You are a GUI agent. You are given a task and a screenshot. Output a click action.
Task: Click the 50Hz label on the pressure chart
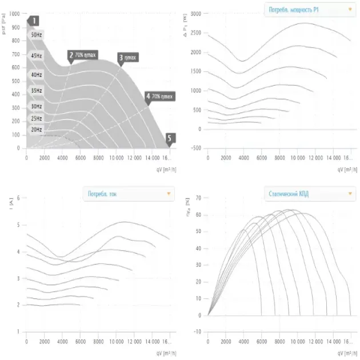[x=36, y=35]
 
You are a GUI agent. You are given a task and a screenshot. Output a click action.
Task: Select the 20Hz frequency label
[x=36, y=130]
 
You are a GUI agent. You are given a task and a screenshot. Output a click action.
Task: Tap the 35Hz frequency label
[x=36, y=90]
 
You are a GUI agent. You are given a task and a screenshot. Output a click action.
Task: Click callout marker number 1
[x=34, y=21]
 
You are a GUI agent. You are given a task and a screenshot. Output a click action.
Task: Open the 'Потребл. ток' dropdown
[x=129, y=194]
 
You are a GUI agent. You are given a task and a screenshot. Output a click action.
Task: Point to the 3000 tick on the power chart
[x=195, y=13]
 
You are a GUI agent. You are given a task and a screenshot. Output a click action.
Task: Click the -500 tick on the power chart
[x=195, y=148]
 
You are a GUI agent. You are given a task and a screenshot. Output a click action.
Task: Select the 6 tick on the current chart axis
[x=19, y=198]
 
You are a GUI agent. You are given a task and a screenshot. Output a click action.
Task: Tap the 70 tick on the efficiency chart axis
[x=198, y=198]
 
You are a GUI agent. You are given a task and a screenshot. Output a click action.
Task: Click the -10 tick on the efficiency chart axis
[x=197, y=332]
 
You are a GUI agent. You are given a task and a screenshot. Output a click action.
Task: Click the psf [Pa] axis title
[x=5, y=25]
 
